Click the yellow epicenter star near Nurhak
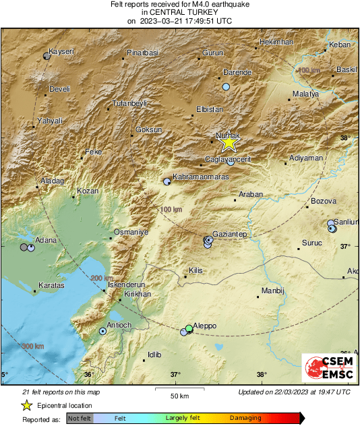point(229,142)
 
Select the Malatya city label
point(305,94)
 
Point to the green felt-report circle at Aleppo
point(189,328)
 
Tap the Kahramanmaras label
point(201,177)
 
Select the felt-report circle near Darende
point(227,87)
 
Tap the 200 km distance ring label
point(102,278)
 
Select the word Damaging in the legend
point(245,418)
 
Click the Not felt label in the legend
point(80,418)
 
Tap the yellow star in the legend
point(26,405)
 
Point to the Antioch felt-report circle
point(102,331)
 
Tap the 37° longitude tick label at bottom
point(175,374)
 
